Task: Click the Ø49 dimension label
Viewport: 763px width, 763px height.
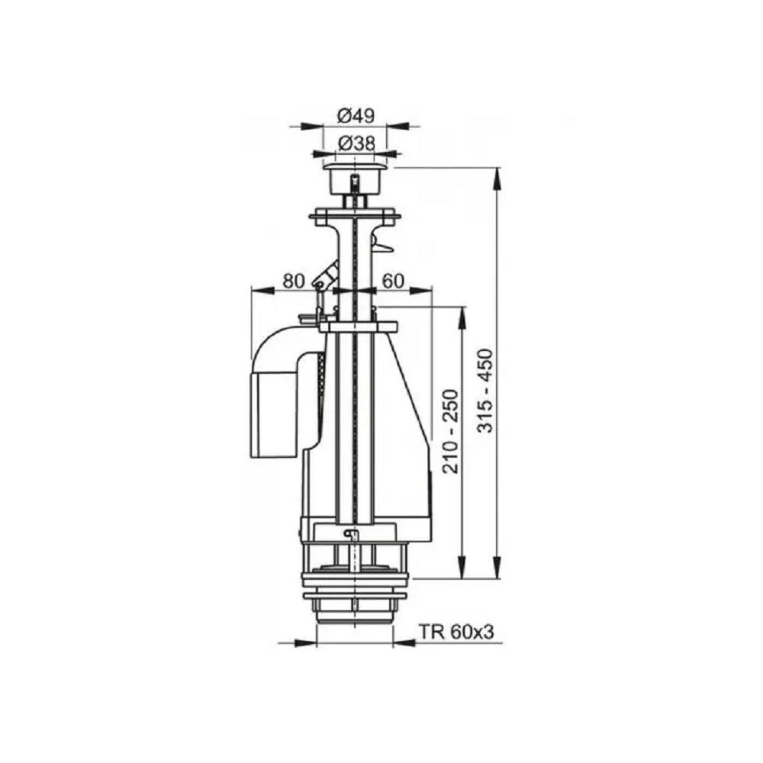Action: tap(356, 115)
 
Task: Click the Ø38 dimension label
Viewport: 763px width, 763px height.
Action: tap(356, 143)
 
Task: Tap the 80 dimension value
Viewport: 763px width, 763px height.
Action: tap(294, 281)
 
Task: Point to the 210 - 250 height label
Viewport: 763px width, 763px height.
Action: tap(451, 432)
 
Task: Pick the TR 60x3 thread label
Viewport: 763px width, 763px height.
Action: tap(457, 632)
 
